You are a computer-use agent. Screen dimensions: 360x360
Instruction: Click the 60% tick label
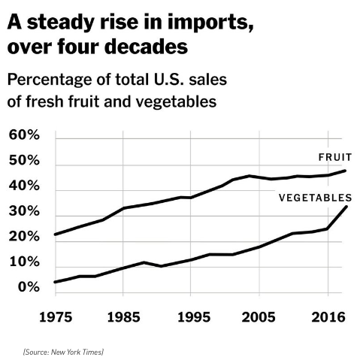24,135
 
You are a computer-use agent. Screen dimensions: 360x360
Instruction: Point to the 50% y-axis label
24,160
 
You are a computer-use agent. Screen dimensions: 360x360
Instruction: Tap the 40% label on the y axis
24,186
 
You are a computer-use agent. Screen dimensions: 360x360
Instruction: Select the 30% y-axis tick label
24,211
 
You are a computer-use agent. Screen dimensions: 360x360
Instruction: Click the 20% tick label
24,237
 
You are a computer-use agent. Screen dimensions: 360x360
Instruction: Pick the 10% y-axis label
25,262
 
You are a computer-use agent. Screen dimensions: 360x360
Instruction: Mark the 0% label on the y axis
29,287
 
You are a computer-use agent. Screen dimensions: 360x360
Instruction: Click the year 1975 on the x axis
56,317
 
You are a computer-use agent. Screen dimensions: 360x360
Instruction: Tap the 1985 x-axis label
123,317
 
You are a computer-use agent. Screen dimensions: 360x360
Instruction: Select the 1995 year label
194,317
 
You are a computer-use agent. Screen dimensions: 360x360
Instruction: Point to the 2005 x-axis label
259,317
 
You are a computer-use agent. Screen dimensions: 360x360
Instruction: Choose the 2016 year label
328,317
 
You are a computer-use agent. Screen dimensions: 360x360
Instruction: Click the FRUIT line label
335,157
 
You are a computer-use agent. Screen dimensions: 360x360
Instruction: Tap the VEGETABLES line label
316,198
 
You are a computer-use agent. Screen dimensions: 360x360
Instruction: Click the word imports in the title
210,23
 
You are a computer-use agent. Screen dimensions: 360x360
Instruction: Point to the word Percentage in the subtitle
50,80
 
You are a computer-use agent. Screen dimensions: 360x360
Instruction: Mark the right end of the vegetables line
346,207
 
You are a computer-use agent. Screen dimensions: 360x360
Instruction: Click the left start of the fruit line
56,234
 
